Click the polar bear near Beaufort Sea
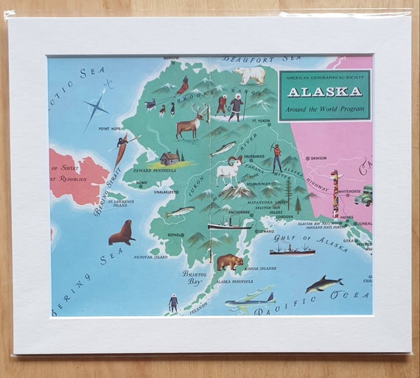coord(251,74)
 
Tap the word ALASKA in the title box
coord(324,92)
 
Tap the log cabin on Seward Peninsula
coord(169,158)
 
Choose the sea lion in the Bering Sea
coord(122,233)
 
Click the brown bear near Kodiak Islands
coord(229,261)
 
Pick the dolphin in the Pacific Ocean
coord(323,284)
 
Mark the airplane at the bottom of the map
coord(249,301)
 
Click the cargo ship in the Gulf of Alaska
coord(292,251)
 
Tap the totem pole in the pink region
coord(335,193)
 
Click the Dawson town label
coord(318,158)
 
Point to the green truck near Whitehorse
coord(363,196)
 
